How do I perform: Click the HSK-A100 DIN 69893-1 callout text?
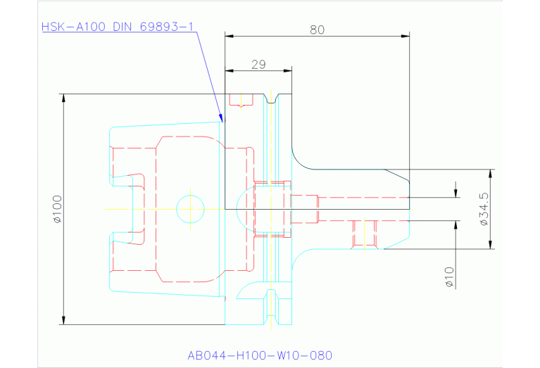pyautogui.click(x=118, y=27)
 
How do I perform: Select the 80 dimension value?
pyautogui.click(x=317, y=30)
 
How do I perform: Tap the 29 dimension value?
pyautogui.click(x=258, y=64)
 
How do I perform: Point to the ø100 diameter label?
pyautogui.click(x=58, y=209)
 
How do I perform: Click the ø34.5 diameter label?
pyautogui.click(x=484, y=209)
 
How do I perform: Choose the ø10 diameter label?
pyautogui.click(x=449, y=277)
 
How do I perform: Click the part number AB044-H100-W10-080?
pyautogui.click(x=260, y=355)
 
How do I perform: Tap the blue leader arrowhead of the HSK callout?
pyautogui.click(x=222, y=118)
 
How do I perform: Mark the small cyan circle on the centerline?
pyautogui.click(x=191, y=209)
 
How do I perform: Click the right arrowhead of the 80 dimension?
pyautogui.click(x=406, y=36)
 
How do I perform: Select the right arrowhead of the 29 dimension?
pyautogui.click(x=287, y=70)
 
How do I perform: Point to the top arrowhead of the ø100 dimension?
pyautogui.click(x=63, y=98)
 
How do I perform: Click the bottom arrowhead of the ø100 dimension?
pyautogui.click(x=63, y=320)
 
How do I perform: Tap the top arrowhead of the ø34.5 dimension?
pyautogui.click(x=491, y=174)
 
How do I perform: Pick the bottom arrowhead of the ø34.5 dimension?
pyautogui.click(x=491, y=244)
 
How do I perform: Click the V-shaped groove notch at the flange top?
pyautogui.click(x=271, y=99)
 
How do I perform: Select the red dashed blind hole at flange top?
pyautogui.click(x=241, y=100)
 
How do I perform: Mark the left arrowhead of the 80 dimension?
pyautogui.click(x=230, y=36)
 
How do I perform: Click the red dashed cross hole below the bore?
pyautogui.click(x=365, y=234)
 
